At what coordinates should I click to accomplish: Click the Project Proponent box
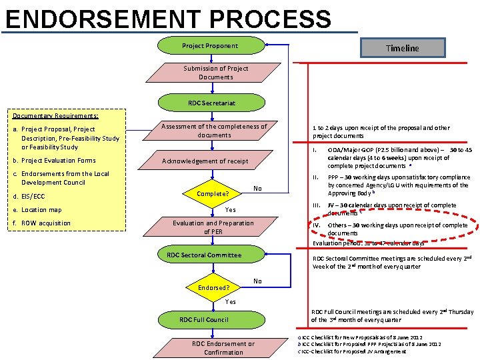click(210, 46)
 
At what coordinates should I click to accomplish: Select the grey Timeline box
click(402, 48)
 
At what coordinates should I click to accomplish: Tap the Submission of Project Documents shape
click(215, 73)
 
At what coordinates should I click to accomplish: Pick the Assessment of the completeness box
click(214, 131)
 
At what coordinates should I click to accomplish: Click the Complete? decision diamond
click(213, 194)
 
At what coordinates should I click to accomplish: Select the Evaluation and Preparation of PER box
click(213, 227)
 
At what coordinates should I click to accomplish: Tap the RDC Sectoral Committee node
click(204, 255)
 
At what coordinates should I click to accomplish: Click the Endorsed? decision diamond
click(213, 288)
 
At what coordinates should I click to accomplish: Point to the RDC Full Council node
click(204, 320)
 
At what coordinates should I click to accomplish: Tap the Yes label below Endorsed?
click(230, 302)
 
